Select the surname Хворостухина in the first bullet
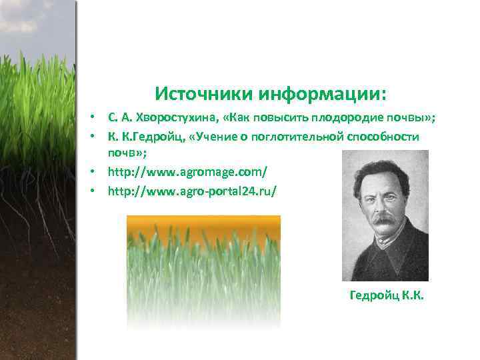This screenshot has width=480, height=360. (177, 118)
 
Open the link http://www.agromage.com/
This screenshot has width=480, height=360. (187, 172)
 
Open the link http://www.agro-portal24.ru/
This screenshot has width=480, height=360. (192, 191)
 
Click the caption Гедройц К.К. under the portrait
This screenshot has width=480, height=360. (387, 295)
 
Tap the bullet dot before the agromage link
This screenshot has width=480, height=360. (97, 173)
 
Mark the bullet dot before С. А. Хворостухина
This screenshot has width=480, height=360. (97, 119)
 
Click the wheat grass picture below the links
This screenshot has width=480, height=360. (203, 273)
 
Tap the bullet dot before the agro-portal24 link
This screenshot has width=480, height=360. (97, 191)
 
